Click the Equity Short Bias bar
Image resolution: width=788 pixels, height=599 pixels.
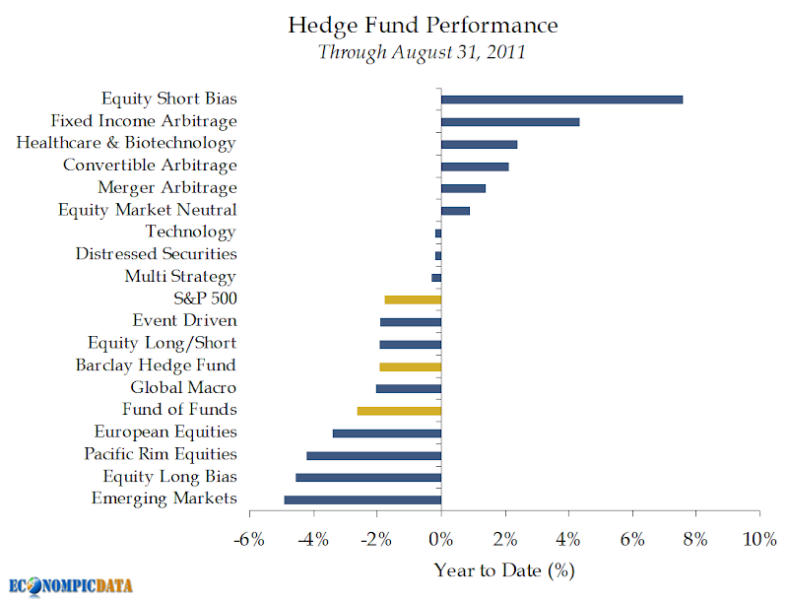coord(561,100)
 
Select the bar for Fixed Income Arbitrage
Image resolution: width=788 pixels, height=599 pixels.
coord(510,122)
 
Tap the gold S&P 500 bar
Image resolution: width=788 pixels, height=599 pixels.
coord(413,299)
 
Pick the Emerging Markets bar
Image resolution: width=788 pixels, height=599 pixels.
coord(362,499)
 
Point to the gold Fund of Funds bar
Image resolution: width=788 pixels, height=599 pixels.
coord(399,410)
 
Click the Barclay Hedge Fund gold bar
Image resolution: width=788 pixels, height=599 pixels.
coord(410,366)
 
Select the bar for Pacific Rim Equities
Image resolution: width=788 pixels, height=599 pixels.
coord(374,455)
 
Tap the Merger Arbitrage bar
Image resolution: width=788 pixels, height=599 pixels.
coord(463,188)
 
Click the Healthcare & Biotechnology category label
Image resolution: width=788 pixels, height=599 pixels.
coord(126,143)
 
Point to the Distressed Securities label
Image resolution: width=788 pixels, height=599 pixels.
coord(156,254)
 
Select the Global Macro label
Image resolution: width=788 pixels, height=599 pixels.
coord(183,387)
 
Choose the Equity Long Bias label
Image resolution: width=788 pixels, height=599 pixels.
coord(169,476)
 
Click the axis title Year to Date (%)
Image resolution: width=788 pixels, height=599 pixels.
coord(503,569)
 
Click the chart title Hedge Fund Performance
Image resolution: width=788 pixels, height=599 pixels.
coord(422,25)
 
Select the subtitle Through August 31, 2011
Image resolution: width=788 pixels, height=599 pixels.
coord(422,51)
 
